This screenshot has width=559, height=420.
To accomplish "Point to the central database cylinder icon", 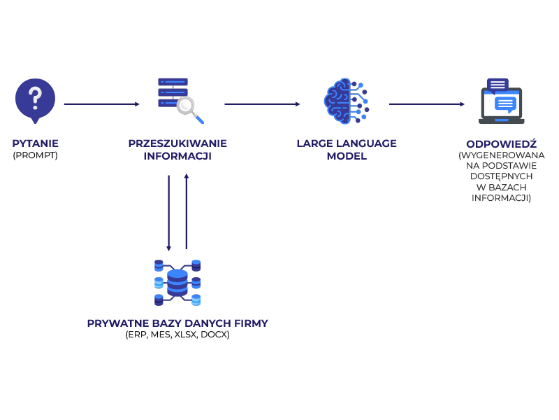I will coord(177,282).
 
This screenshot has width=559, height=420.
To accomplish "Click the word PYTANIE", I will coord(35,143).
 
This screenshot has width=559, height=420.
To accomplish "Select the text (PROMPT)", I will coord(35,155).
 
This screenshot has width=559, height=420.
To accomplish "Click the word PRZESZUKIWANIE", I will coord(177,143).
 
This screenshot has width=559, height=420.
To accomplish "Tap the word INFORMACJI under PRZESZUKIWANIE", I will coord(177,155).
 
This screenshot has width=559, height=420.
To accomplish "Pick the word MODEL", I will coord(347,155).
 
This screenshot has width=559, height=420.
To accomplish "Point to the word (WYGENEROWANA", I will coord(501,155).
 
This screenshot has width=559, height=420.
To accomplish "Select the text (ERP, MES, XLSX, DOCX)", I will coord(177,335).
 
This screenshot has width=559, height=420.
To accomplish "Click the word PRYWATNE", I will coord(113,323).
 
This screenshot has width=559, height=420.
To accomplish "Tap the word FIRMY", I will coord(252,323).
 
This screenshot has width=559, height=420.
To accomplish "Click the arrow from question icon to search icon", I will coord(101,104).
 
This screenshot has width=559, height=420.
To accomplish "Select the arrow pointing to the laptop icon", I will coord(427,104).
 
